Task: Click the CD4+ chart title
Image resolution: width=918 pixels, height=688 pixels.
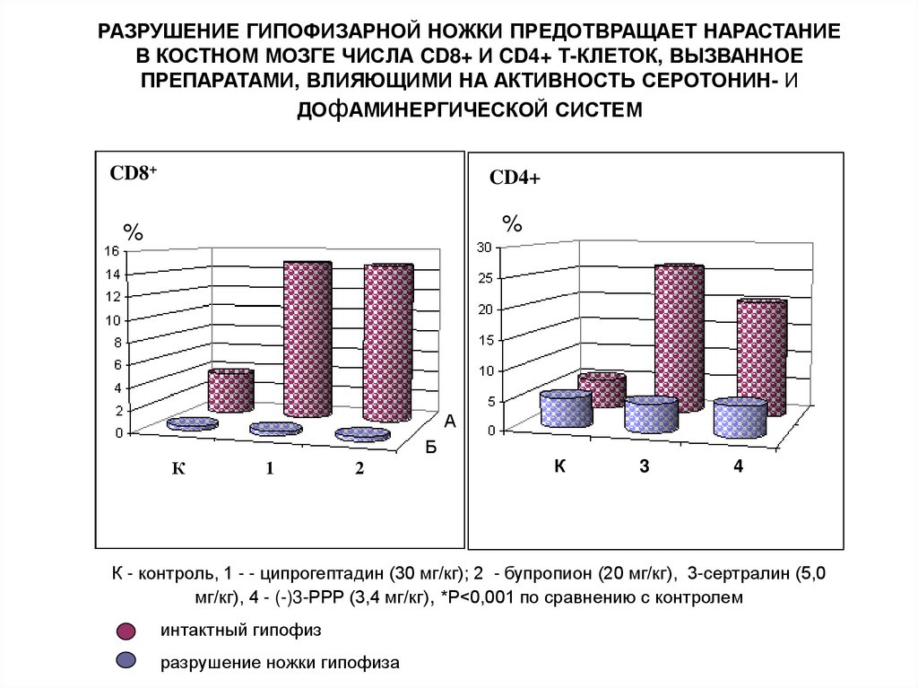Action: point(515,179)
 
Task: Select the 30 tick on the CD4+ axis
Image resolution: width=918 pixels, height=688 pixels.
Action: point(484,247)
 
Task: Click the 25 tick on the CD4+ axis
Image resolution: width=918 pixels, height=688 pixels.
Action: point(484,278)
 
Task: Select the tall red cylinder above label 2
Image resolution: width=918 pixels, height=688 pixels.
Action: point(387,343)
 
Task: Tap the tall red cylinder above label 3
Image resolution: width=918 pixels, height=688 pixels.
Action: point(679,339)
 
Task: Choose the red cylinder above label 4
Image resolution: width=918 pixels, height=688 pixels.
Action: point(761,356)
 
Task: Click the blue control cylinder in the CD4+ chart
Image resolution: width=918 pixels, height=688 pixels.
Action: point(566,410)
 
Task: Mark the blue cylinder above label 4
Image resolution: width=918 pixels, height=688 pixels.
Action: point(740,419)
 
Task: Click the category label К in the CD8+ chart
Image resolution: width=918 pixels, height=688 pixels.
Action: point(178,468)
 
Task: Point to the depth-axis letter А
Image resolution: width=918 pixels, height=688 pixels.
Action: point(450,420)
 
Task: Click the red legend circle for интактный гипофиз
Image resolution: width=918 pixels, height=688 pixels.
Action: point(126,630)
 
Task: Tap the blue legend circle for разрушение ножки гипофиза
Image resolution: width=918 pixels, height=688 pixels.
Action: point(126,661)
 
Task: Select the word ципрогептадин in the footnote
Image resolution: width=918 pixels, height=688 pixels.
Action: point(331,573)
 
